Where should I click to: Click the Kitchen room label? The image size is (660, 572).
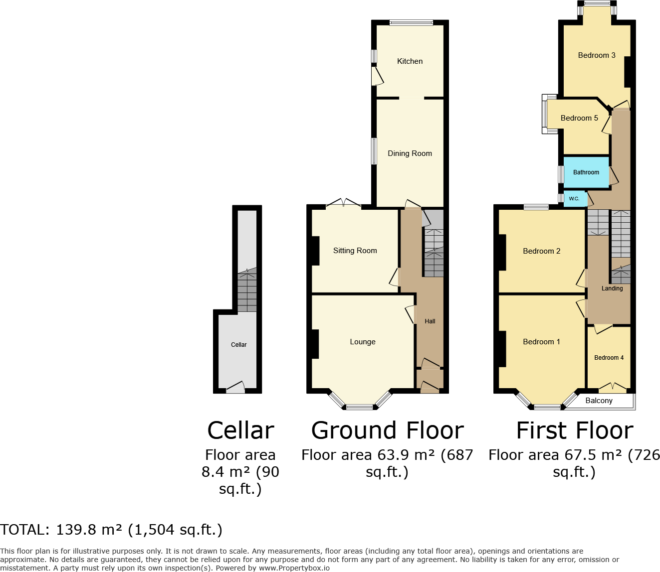click(410, 61)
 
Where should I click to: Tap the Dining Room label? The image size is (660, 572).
click(410, 153)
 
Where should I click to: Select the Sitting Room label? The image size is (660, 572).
click(355, 251)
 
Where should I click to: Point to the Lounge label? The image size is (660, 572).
click(363, 342)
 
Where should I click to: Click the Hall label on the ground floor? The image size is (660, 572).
click(430, 321)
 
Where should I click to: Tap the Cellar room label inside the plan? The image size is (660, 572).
click(238, 345)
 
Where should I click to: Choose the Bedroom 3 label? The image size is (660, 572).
click(597, 55)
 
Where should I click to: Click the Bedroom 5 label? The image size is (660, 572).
click(579, 118)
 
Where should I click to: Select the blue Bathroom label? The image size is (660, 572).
click(586, 172)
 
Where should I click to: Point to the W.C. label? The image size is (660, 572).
click(574, 199)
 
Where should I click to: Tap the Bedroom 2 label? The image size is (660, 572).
click(541, 251)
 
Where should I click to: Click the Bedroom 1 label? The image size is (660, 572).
click(541, 342)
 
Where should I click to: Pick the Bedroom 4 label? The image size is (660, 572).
click(609, 358)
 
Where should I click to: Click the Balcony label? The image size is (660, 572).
click(599, 401)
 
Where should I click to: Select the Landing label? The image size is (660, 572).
click(612, 288)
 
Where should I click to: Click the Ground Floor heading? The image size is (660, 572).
click(387, 430)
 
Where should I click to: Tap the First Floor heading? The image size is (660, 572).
click(574, 430)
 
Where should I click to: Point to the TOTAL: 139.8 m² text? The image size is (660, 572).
click(111, 530)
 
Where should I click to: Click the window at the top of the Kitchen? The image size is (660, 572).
click(411, 22)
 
